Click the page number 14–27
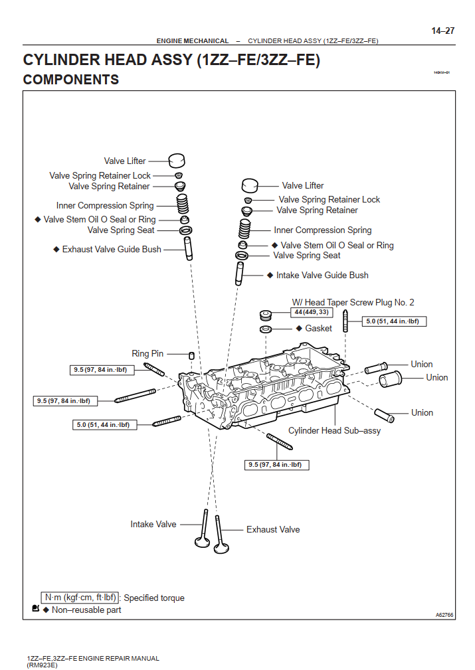442,31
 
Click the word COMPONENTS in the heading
71,80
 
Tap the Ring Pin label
147,354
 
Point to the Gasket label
318,329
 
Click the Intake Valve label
153,524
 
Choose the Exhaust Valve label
273,529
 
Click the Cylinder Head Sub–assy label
334,430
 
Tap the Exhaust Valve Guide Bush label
112,250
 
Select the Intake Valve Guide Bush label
322,275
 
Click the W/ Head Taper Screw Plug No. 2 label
353,302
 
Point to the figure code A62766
444,615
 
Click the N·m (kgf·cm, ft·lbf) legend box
80,598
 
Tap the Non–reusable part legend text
86,610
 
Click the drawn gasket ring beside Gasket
265,329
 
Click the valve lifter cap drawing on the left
176,161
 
